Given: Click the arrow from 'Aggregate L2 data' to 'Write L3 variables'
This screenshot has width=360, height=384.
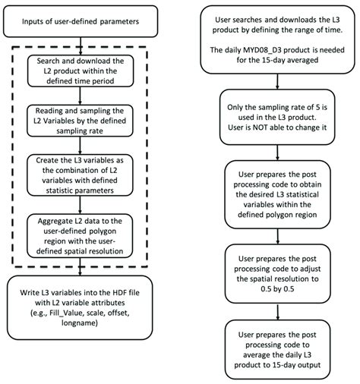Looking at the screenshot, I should tap(89, 272).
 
